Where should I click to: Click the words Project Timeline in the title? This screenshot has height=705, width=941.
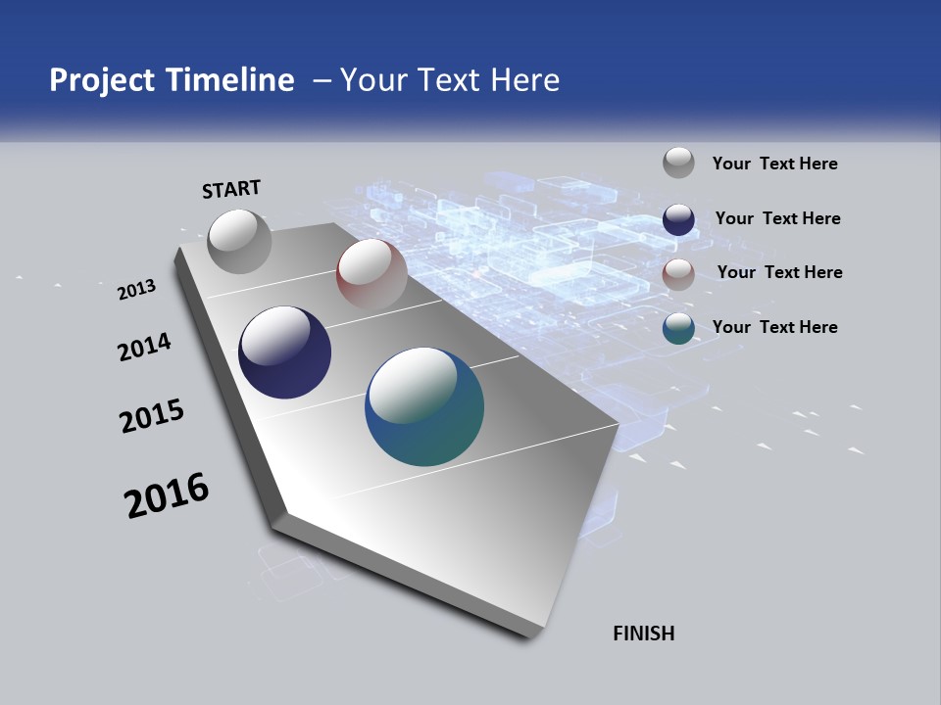click(x=172, y=80)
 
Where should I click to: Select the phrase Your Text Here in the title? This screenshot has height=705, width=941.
click(x=450, y=80)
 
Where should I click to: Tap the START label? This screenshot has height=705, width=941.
click(x=231, y=189)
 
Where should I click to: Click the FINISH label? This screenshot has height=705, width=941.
click(x=643, y=634)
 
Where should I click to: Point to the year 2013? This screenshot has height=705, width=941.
click(x=136, y=290)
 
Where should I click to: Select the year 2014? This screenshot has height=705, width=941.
click(x=144, y=347)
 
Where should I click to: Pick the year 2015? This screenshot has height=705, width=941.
click(x=151, y=416)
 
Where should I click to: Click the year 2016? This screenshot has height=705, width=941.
click(x=166, y=495)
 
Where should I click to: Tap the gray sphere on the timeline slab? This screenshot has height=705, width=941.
click(x=240, y=242)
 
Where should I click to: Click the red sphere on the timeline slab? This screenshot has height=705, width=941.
click(x=371, y=273)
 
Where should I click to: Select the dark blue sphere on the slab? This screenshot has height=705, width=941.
click(x=285, y=352)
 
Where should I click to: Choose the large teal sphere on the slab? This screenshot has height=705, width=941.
click(x=424, y=406)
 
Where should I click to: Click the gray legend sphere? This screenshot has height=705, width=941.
click(x=678, y=163)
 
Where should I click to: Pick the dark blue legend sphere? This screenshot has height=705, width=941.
click(x=678, y=219)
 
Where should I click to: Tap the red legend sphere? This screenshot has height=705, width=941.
click(x=678, y=274)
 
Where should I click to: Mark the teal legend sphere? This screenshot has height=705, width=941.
click(x=678, y=328)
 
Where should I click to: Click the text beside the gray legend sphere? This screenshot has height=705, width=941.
click(x=774, y=164)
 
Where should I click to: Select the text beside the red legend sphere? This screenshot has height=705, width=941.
click(x=779, y=272)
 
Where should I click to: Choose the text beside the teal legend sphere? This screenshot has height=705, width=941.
click(x=774, y=327)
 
